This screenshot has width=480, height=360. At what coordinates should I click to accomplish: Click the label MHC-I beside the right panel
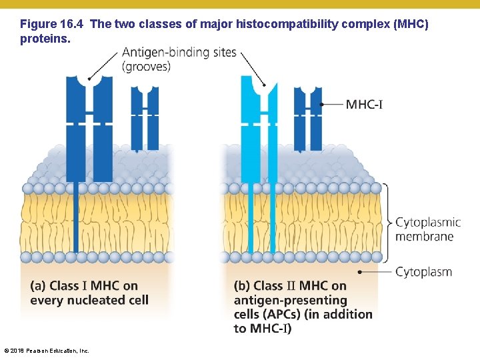click(x=364, y=104)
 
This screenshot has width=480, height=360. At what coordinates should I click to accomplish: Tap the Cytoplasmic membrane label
click(x=424, y=229)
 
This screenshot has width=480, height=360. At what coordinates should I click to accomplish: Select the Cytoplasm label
click(x=423, y=272)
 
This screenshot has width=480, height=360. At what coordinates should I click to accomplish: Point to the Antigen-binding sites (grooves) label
click(x=179, y=59)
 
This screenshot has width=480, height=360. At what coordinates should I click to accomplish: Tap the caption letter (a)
click(x=38, y=286)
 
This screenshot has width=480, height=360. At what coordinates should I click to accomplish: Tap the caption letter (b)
click(x=242, y=286)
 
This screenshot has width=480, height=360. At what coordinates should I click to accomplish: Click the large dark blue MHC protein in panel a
click(x=89, y=127)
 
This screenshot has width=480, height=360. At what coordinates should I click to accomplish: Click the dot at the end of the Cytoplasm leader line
click(x=361, y=272)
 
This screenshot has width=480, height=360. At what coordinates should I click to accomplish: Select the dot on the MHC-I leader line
click(x=321, y=104)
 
